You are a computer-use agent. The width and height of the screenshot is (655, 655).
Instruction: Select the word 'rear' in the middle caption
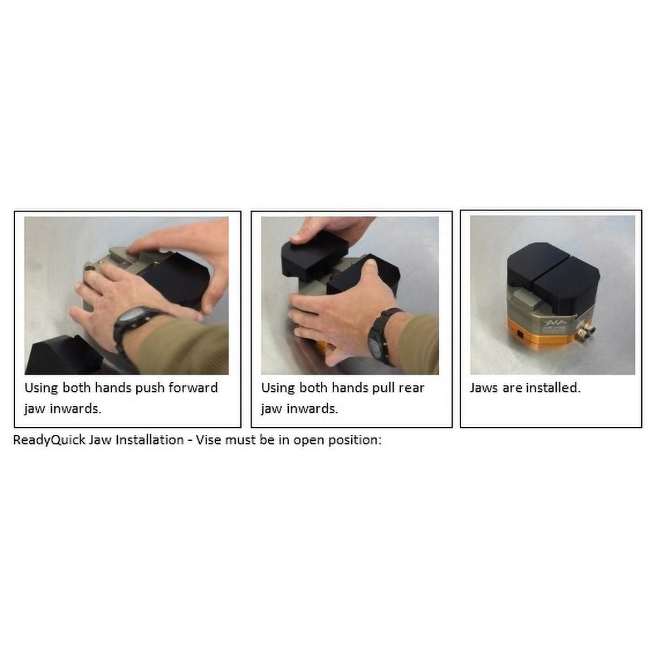coord(411,388)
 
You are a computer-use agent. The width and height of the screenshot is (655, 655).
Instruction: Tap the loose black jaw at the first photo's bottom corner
coord(65,355)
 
